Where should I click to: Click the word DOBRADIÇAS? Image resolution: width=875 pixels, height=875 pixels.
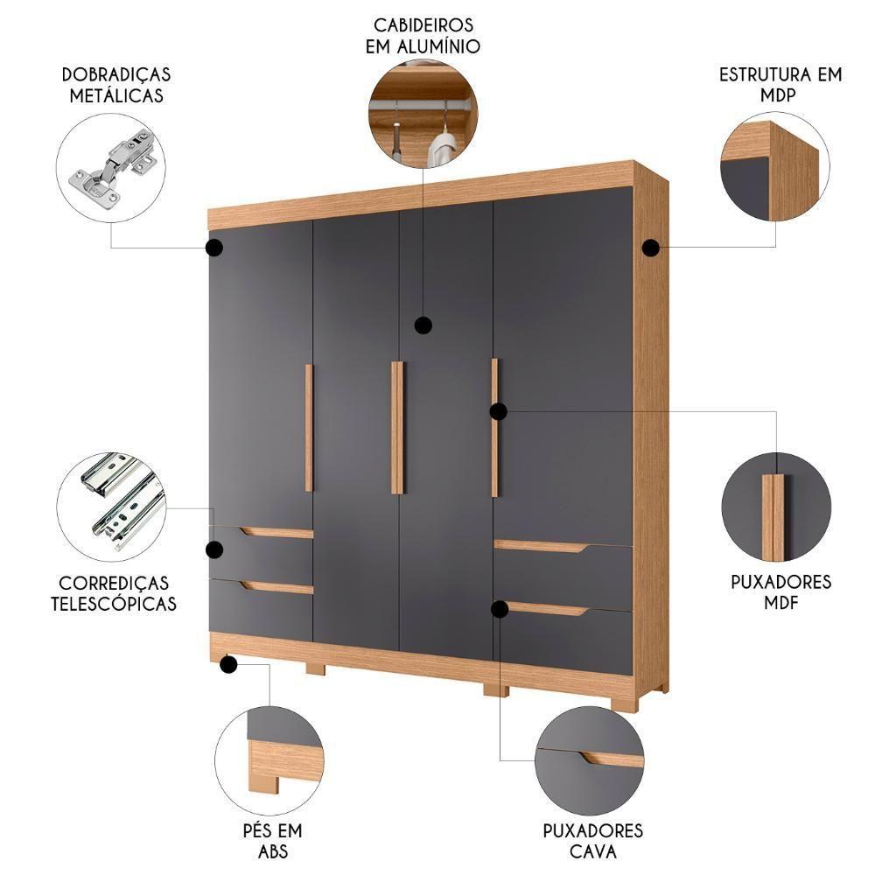click(x=115, y=74)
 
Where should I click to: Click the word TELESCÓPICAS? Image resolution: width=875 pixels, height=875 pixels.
click(x=114, y=603)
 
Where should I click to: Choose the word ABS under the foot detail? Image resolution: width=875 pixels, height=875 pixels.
click(x=272, y=851)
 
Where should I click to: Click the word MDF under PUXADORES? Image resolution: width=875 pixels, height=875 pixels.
click(x=780, y=603)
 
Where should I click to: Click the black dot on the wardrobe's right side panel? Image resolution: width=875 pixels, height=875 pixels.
click(x=650, y=248)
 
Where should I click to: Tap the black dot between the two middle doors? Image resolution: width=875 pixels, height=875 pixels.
click(x=423, y=325)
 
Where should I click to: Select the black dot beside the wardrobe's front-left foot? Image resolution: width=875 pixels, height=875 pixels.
click(x=229, y=665)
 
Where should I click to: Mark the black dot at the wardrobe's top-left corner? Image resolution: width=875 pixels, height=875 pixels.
click(x=213, y=248)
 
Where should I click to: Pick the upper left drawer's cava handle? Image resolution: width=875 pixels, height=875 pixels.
click(x=276, y=532)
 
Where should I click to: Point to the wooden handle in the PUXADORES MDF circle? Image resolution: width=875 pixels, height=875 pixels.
click(x=773, y=516)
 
